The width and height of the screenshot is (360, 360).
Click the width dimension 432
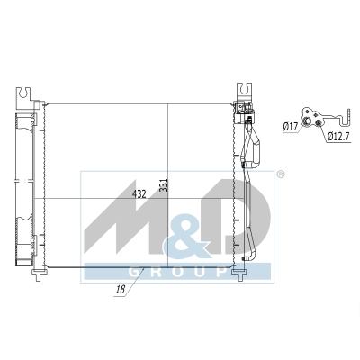(139, 194)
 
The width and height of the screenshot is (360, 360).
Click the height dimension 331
(165, 185)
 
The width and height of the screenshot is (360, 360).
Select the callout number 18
(121, 290)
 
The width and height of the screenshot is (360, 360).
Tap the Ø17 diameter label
(291, 127)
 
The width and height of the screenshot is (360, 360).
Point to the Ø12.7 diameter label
(338, 137)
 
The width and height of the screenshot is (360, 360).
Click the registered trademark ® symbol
(280, 175)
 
